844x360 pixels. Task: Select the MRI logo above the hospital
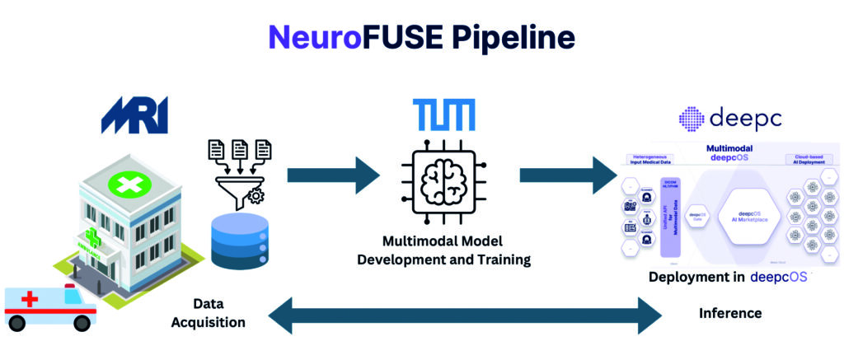pos(134,115)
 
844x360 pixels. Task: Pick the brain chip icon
pos(444,186)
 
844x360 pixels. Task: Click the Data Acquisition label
pos(209,313)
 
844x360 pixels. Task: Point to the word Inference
pos(730,313)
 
